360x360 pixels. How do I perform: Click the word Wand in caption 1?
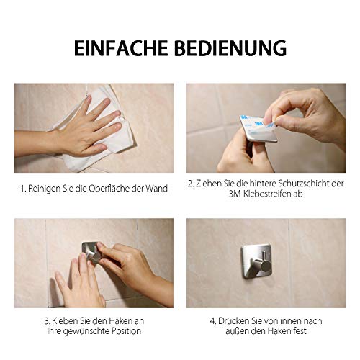(158, 189)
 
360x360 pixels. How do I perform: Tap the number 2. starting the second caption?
(192, 184)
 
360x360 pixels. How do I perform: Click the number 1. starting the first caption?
(23, 189)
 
